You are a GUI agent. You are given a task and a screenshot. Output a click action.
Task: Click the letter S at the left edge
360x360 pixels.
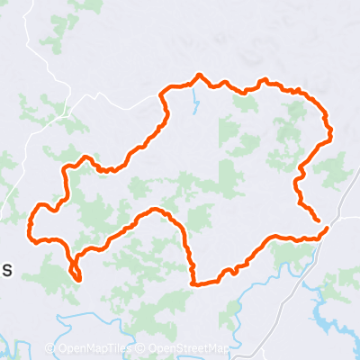click(6, 269)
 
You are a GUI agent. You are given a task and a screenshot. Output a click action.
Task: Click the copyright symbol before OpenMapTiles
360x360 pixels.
click(49, 349)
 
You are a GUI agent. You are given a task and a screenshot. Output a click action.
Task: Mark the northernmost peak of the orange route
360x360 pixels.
click(199, 76)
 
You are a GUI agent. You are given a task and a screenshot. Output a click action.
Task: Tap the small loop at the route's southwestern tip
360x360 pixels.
click(76, 272)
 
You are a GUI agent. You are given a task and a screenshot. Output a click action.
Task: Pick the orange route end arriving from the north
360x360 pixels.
click(317, 219)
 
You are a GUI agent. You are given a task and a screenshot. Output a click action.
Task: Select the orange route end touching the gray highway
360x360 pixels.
click(325, 229)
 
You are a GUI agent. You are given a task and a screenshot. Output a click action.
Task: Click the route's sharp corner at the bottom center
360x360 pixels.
click(193, 283)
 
